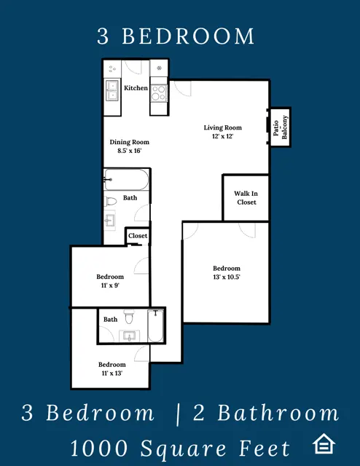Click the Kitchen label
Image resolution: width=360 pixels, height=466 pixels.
tap(136, 88)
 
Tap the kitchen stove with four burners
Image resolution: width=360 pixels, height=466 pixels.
tap(159, 93)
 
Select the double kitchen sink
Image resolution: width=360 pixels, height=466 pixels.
tap(112, 90)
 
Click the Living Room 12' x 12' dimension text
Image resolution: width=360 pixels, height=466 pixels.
tap(222, 136)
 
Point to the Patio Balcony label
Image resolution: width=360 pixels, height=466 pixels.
tap(281, 127)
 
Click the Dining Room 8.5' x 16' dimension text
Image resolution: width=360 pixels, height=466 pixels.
tap(129, 151)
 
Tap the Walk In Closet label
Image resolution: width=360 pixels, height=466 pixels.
tap(246, 198)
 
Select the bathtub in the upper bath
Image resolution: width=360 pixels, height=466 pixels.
tap(126, 180)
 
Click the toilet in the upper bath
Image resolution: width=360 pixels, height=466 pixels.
tap(110, 202)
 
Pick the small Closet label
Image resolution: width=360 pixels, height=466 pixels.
tap(138, 236)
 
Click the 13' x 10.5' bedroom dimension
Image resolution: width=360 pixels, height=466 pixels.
tap(227, 277)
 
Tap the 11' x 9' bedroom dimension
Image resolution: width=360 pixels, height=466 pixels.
tap(110, 285)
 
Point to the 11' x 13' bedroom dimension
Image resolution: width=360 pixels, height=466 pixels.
tap(112, 374)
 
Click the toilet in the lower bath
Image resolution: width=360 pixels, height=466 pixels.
tap(129, 317)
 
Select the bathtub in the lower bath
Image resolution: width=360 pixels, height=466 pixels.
tap(155, 325)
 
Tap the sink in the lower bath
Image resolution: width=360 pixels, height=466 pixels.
tap(130, 336)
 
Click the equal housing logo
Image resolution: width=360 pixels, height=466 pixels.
tap(324, 443)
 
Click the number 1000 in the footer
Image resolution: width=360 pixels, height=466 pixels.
tap(99, 449)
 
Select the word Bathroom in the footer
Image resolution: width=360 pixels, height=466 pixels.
tap(278, 413)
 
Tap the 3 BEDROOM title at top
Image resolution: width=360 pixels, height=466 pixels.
tap(176, 36)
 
